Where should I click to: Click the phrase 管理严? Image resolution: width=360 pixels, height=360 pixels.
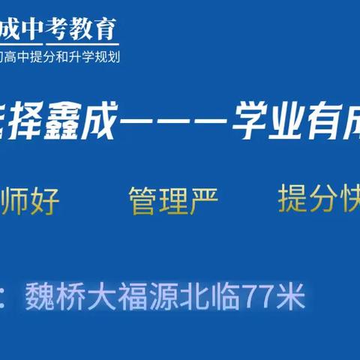pos(172,201)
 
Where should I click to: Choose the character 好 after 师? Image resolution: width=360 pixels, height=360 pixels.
pos(45,201)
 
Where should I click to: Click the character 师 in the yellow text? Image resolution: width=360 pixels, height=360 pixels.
pos(16,201)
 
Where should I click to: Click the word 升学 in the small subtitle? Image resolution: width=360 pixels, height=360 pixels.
pos(79,55)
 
